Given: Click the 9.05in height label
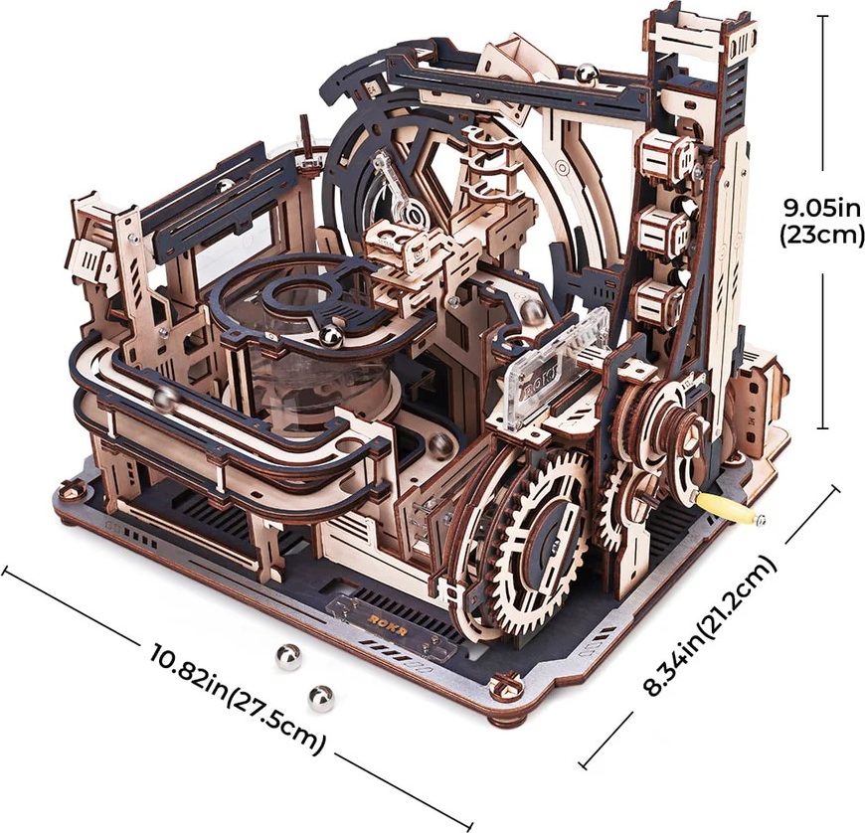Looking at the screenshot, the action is [x=822, y=210].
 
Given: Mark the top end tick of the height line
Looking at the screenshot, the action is [x=824, y=16].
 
